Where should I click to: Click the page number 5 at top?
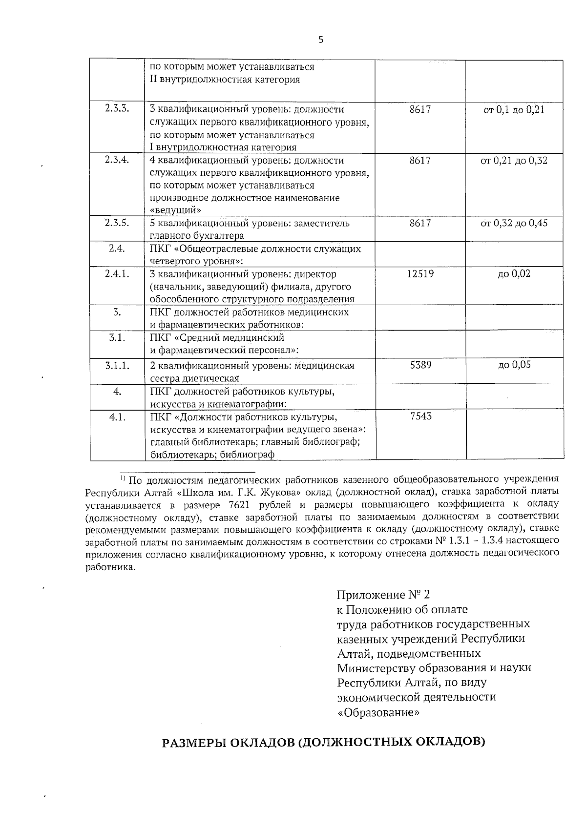point(321,41)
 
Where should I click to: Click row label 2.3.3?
point(117,109)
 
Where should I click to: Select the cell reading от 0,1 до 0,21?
point(514,110)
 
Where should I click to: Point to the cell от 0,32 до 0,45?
point(514,224)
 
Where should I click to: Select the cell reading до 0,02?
point(514,274)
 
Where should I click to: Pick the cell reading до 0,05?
point(514,365)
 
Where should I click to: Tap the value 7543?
point(421,416)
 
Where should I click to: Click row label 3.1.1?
point(117,365)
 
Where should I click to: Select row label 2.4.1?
point(117,274)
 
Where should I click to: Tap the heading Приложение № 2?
point(384,595)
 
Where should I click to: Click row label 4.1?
point(117,417)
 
